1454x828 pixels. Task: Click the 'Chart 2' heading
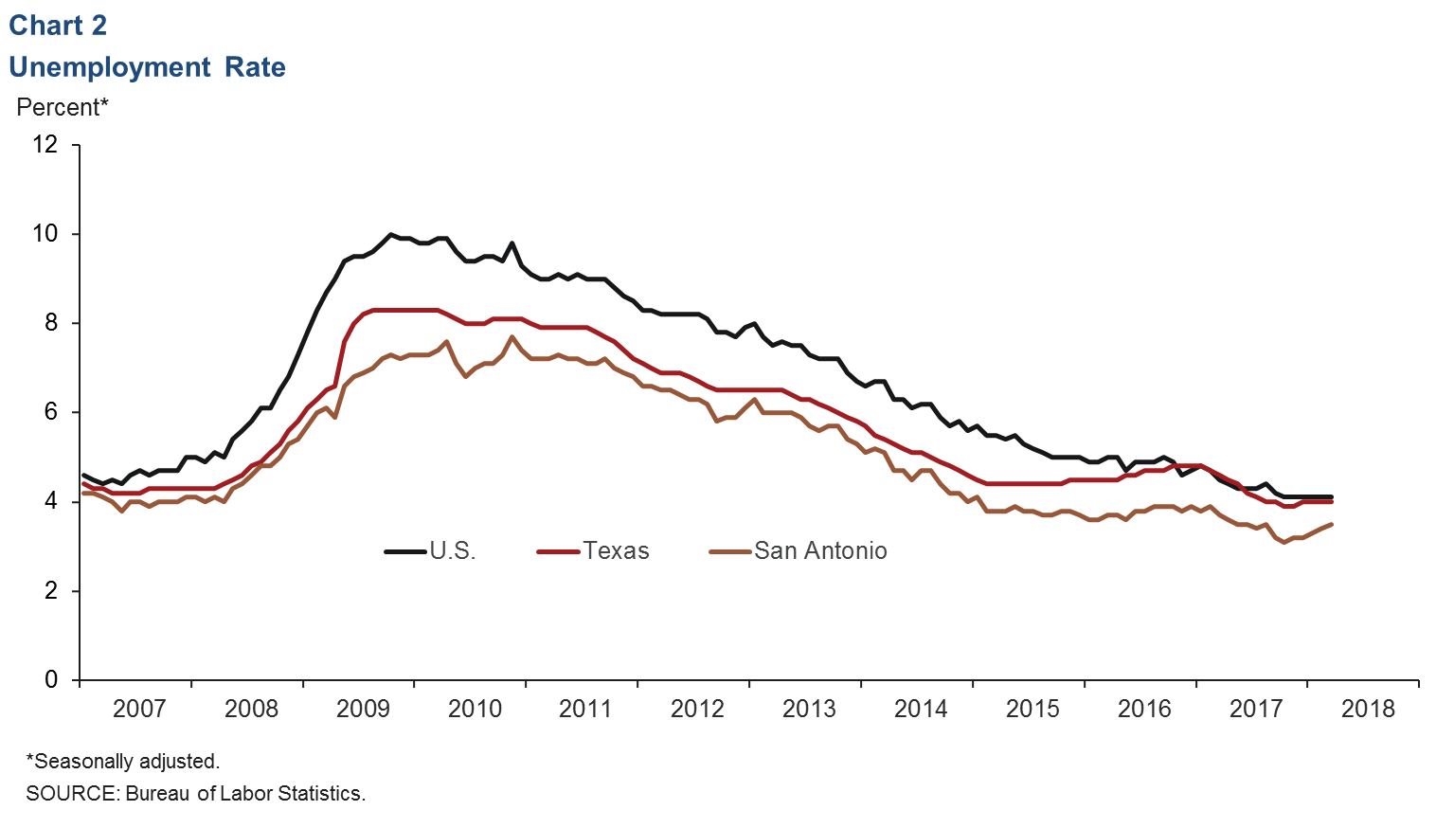click(x=58, y=26)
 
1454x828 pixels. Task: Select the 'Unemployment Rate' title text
click(x=147, y=67)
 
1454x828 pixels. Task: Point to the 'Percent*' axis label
click(x=63, y=107)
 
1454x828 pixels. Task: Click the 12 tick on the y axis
click(x=45, y=144)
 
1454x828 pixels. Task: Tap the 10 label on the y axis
click(x=45, y=233)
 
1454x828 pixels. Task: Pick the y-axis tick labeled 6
click(x=50, y=412)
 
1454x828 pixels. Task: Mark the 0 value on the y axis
click(x=50, y=680)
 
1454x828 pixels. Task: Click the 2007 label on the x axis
click(x=139, y=709)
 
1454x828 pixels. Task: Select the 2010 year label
click(x=475, y=709)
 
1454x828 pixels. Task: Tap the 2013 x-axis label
click(x=809, y=709)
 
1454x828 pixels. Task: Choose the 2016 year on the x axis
click(x=1144, y=709)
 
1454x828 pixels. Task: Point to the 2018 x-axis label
click(x=1368, y=709)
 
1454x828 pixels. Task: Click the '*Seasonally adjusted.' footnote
click(x=123, y=761)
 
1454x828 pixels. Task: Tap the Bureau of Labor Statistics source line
click(x=195, y=793)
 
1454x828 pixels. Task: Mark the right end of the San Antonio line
click(x=1332, y=524)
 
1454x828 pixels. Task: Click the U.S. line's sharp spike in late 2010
click(x=512, y=243)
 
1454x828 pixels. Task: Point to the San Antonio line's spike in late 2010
click(x=512, y=336)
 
